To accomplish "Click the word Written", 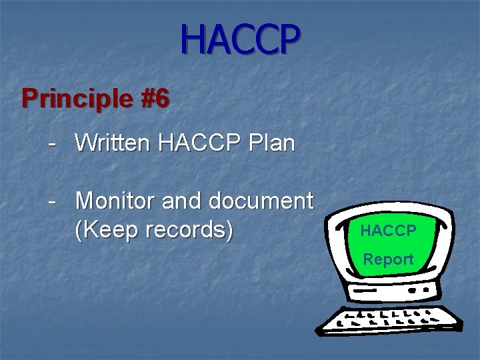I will click(113, 143).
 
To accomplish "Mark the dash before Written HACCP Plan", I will click(51, 143).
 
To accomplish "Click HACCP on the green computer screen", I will click(388, 231).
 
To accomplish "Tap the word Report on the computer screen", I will click(388, 259).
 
